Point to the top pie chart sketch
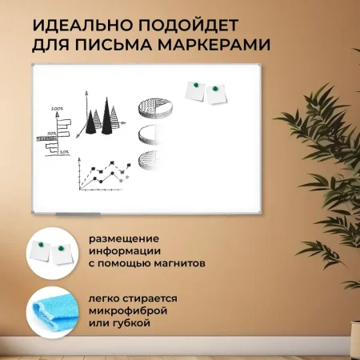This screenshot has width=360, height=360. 150,107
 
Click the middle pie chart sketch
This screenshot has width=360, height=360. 148,133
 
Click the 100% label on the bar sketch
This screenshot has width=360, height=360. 57,108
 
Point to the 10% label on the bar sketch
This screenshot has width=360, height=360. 63,151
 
